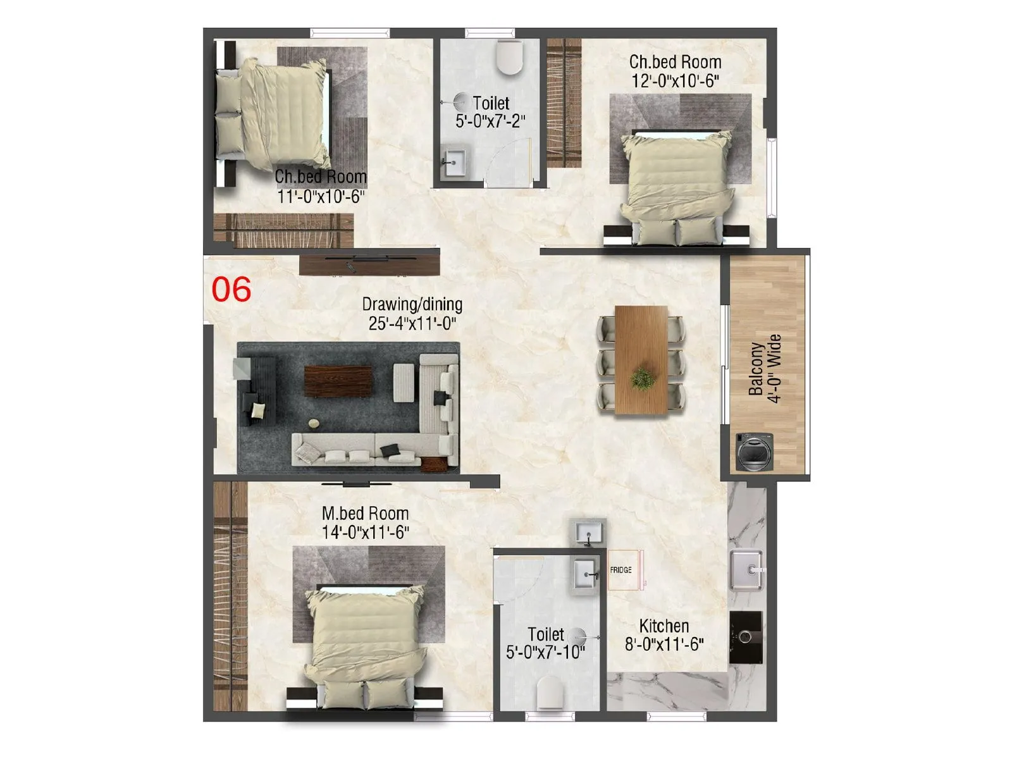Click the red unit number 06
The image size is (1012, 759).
[x=231, y=290]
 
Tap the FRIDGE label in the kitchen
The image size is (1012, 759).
[x=620, y=570]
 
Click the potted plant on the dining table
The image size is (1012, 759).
[x=643, y=379]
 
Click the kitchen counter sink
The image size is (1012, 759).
[x=746, y=569]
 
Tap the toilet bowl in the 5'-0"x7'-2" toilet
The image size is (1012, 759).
[x=510, y=57]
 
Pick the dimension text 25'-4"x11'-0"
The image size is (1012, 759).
[x=412, y=324]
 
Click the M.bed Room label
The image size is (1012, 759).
[x=365, y=513]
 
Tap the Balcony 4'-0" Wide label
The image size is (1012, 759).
[x=765, y=368]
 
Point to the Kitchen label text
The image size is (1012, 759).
[x=663, y=626]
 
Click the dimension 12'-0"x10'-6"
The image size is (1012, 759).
[x=676, y=81]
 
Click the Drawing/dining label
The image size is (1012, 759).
[x=412, y=304]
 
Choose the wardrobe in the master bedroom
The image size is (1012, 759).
[x=230, y=595]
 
